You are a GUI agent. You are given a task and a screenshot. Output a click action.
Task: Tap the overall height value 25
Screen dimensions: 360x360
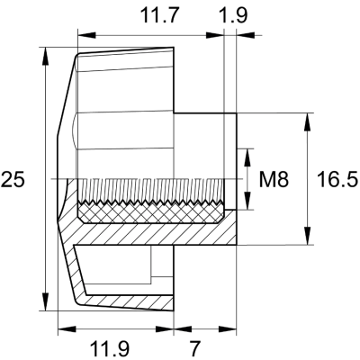pos(13,180)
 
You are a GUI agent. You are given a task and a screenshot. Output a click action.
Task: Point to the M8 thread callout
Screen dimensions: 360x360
pos(272,180)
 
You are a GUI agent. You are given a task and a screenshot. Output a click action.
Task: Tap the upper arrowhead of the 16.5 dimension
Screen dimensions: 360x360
pos(310,119)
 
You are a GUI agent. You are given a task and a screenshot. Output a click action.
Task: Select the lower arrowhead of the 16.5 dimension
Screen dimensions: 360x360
pos(310,238)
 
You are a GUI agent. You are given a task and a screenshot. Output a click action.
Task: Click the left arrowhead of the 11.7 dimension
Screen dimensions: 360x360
pos(83,36)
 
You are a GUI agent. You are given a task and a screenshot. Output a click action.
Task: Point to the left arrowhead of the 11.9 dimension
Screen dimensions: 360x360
pos(62,328)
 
